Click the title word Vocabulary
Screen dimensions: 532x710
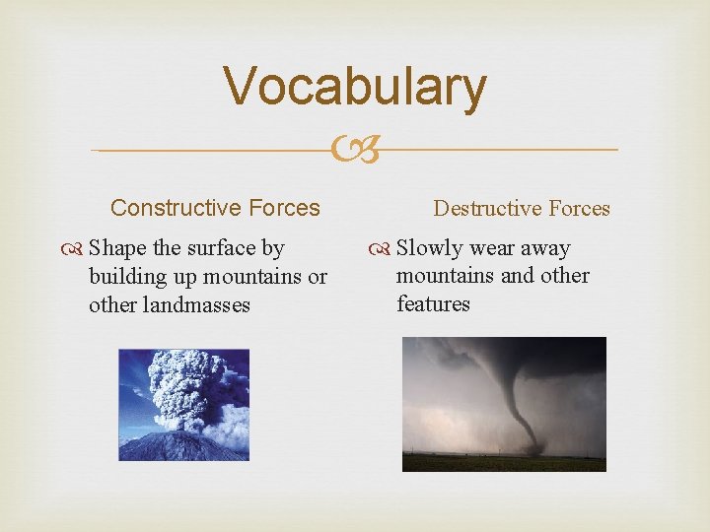click(x=354, y=86)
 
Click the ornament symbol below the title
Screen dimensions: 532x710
click(x=356, y=151)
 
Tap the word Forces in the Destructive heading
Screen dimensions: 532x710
click(x=577, y=209)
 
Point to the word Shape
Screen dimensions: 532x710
click(x=117, y=249)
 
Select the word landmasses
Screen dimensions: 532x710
click(x=170, y=305)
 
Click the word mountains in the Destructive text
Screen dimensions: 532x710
click(x=446, y=276)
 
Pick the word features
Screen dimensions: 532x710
click(x=433, y=303)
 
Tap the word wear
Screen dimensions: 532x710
click(x=489, y=249)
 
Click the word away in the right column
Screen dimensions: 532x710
click(x=545, y=249)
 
